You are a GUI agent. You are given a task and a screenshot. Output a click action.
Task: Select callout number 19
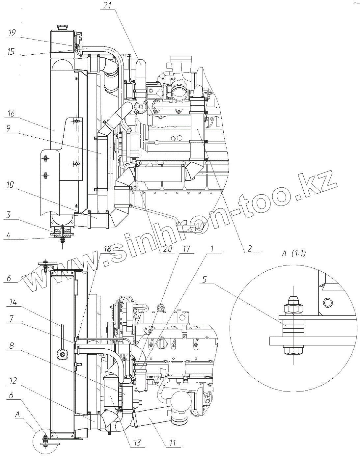click(x=12, y=33)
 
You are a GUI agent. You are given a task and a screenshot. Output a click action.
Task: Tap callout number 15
click(x=11, y=52)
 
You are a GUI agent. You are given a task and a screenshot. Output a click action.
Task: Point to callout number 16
click(x=12, y=114)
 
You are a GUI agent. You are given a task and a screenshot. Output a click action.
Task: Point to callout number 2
click(x=250, y=248)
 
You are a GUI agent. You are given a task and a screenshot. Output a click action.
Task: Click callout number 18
click(x=107, y=249)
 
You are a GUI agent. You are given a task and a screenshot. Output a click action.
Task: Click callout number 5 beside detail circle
click(x=204, y=280)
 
